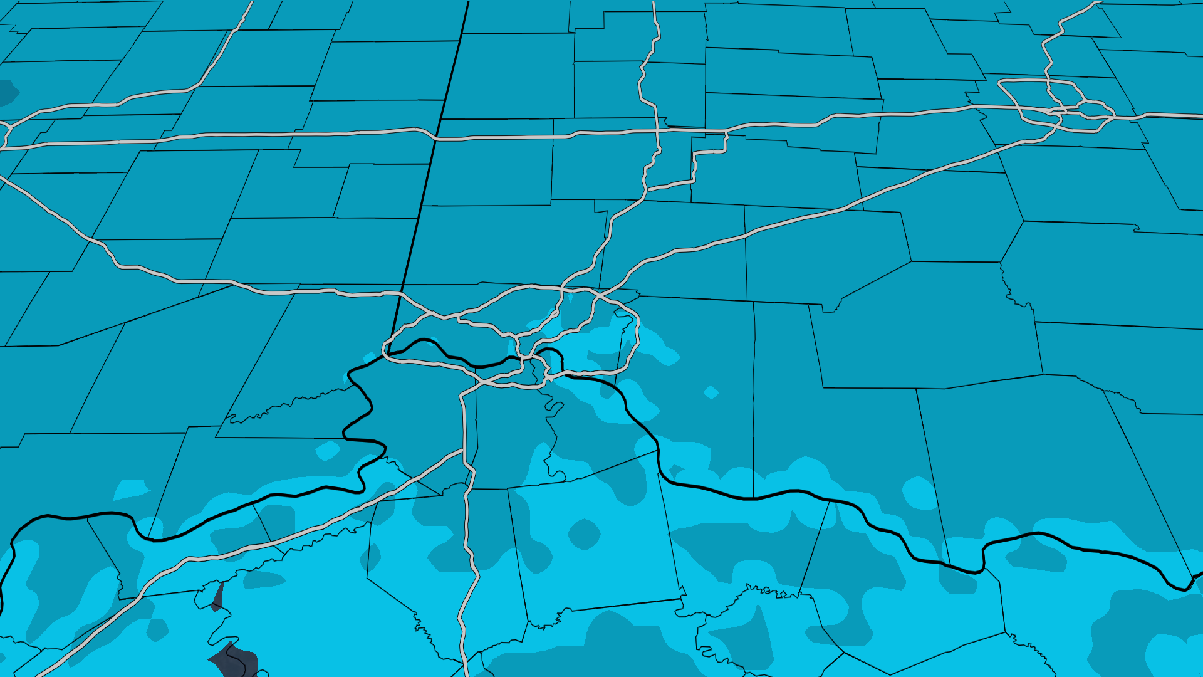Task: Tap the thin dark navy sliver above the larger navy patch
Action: pos(217,597)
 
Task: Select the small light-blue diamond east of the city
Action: pos(711,393)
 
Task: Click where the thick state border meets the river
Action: pos(388,355)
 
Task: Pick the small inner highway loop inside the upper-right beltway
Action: pos(1093,109)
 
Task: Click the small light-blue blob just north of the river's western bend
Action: pos(328,451)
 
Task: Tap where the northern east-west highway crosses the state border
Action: pos(435,137)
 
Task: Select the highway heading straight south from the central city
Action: pos(466,533)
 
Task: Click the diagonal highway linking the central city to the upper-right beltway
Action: pos(815,216)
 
